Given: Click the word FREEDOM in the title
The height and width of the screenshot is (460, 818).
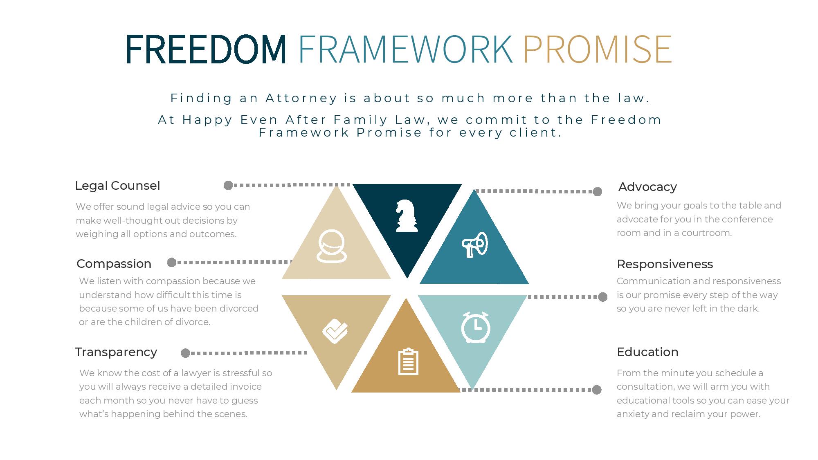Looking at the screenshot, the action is click(206, 49).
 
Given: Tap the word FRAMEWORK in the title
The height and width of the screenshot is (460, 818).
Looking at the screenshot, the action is click(405, 49).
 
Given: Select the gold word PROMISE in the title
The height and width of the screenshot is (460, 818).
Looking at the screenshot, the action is click(598, 49).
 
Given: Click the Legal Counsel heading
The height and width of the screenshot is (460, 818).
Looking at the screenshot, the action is click(117, 186).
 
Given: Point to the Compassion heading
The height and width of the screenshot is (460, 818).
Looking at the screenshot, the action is click(114, 264).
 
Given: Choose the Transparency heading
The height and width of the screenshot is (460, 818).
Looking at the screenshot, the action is click(116, 352).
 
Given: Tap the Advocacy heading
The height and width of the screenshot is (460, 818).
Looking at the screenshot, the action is click(647, 187).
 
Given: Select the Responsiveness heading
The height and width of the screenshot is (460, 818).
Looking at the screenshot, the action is click(665, 264).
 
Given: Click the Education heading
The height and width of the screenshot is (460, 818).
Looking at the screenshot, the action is click(647, 352).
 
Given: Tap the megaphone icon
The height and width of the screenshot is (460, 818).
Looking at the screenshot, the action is click(475, 245).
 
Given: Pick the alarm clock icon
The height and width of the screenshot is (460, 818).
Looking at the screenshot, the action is click(476, 327).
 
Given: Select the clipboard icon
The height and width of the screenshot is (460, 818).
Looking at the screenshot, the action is click(408, 361).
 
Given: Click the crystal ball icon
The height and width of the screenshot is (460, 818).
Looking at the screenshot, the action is click(332, 246).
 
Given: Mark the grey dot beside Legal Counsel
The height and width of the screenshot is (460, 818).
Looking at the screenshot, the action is click(228, 186).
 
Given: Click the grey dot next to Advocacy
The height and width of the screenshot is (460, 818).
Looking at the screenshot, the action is click(598, 192).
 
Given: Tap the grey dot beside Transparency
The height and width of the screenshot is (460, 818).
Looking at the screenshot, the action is click(185, 353).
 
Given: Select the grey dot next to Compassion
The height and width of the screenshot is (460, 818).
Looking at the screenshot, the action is click(172, 263).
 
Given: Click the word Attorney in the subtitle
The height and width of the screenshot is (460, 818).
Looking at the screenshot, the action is click(301, 98).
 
